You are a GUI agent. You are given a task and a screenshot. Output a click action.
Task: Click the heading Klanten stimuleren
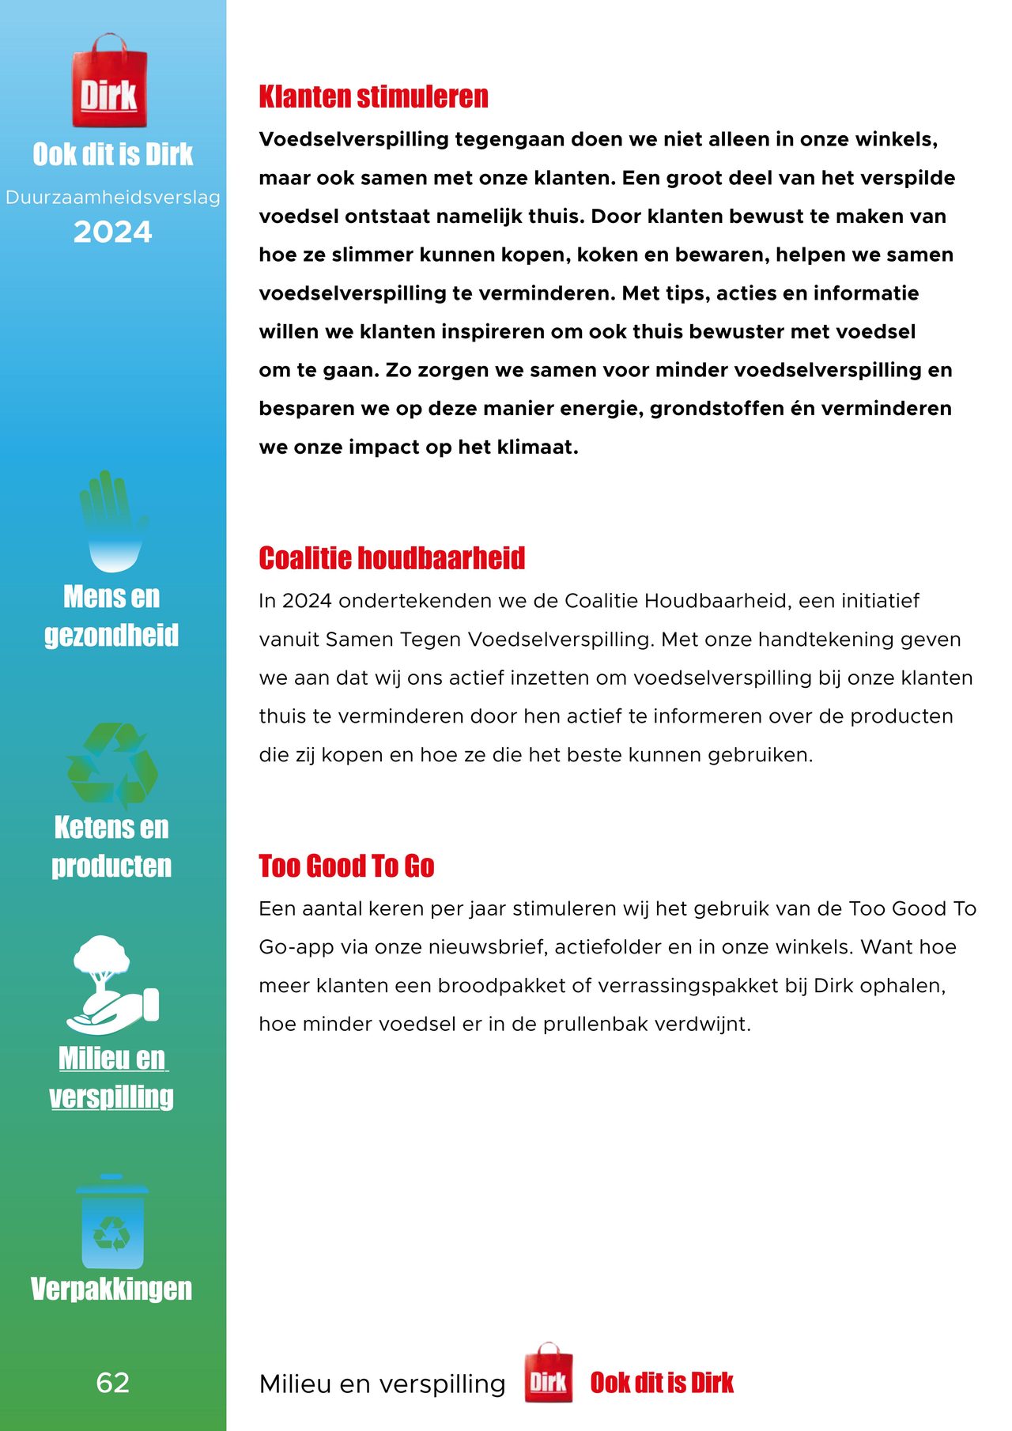coord(373,97)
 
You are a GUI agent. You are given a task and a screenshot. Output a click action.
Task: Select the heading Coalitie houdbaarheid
coord(391,558)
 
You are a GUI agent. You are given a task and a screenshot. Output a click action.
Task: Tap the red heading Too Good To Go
coord(346,867)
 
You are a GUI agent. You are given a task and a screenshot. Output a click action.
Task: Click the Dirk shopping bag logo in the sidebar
coord(109,82)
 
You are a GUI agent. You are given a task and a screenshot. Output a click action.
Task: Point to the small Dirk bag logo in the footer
coord(549,1381)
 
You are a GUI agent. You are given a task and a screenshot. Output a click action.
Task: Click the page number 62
coord(112,1382)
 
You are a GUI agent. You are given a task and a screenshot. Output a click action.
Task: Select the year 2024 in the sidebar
coord(112,232)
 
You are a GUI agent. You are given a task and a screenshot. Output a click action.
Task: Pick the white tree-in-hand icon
coord(111,984)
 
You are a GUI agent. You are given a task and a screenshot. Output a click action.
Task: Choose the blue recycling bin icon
coord(112,1222)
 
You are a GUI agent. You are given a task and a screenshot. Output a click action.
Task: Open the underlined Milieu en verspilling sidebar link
coord(111,1078)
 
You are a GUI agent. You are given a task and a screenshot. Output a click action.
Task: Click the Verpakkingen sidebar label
coord(111,1289)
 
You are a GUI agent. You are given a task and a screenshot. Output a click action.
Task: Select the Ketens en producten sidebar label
coord(111,847)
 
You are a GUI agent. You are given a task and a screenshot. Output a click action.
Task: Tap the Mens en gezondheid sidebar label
coord(111,616)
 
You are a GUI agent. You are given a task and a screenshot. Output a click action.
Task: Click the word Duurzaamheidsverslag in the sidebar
coord(112,198)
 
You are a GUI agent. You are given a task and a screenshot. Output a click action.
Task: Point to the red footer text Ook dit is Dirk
coord(662,1382)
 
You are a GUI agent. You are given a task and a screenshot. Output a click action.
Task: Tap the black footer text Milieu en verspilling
coord(382,1384)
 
